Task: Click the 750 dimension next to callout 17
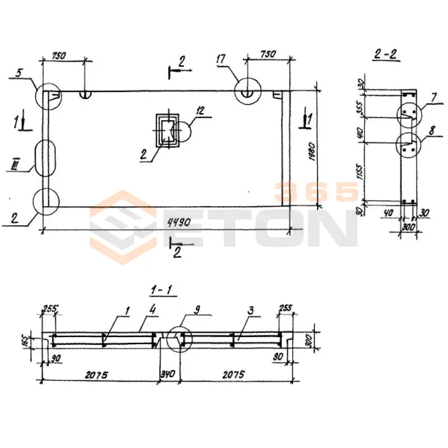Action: [x=269, y=54]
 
